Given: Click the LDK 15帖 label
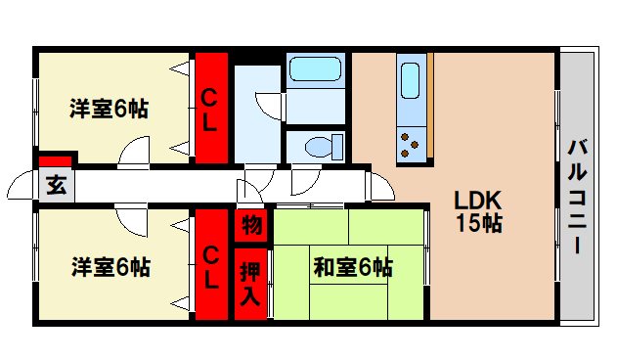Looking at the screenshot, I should coord(478,210).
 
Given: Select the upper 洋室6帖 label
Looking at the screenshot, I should coord(109,109).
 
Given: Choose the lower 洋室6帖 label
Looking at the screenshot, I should coord(109,265).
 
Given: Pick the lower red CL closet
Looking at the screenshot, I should coord(210,264).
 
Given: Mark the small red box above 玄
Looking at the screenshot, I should coord(56,159).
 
